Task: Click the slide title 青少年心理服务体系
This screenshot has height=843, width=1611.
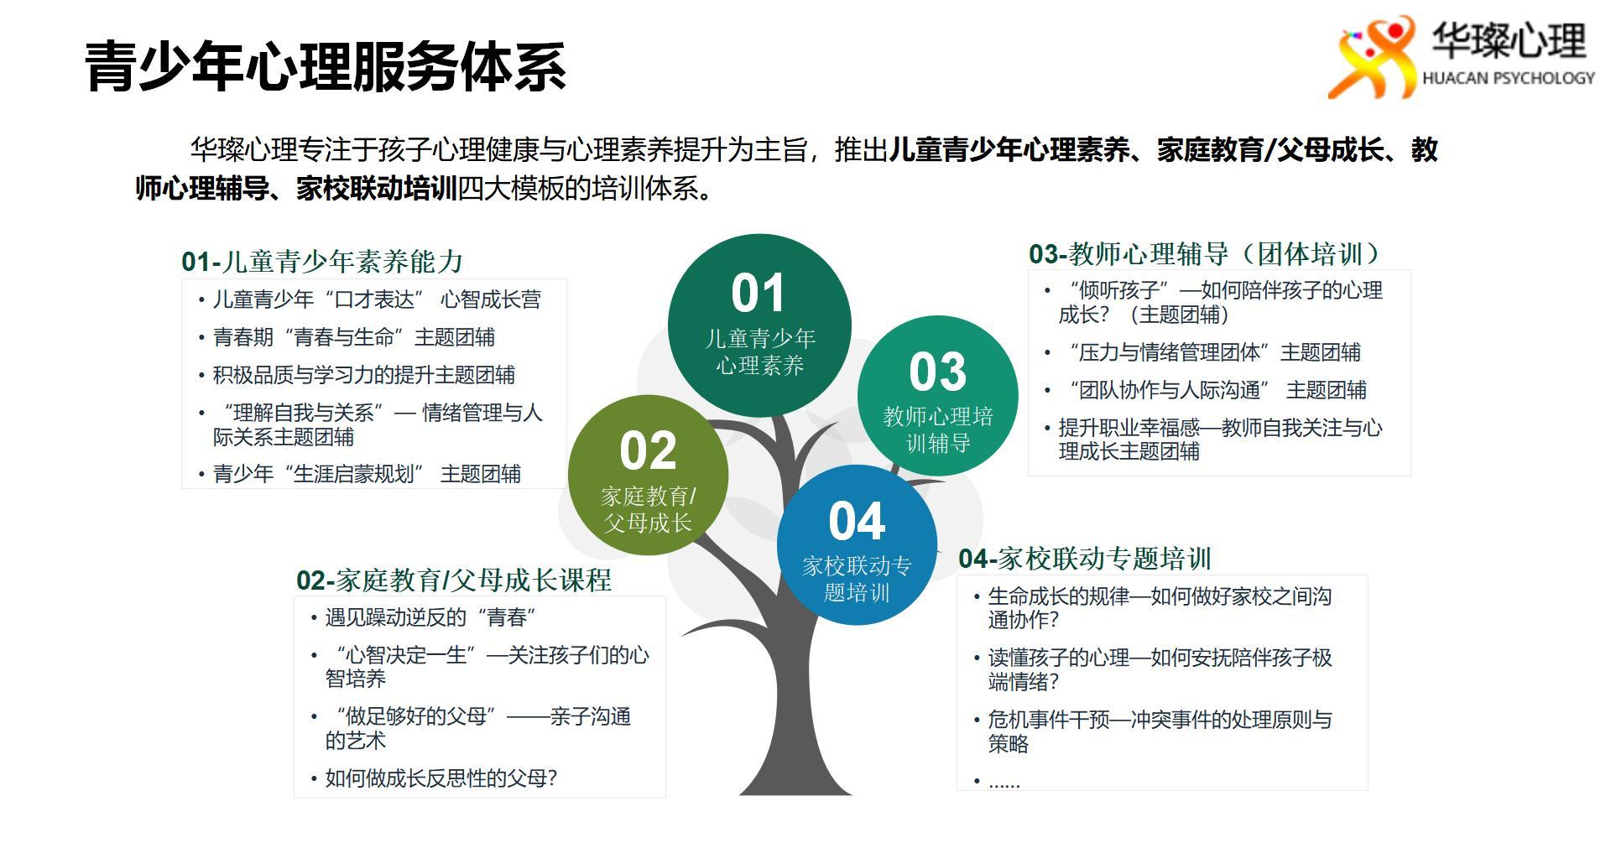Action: pyautogui.click(x=326, y=65)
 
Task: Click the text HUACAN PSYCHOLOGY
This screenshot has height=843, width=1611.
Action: pyautogui.click(x=1508, y=78)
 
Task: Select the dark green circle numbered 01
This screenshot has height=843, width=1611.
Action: pyautogui.click(x=759, y=325)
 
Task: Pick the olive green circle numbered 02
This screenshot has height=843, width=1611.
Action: pyautogui.click(x=648, y=475)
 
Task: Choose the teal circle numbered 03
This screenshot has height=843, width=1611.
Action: pyautogui.click(x=937, y=396)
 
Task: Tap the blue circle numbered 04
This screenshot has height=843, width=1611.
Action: pyautogui.click(x=857, y=545)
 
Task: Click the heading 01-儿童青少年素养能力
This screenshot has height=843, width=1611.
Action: pyautogui.click(x=322, y=262)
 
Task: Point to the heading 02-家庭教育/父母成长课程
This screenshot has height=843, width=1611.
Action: pyautogui.click(x=454, y=580)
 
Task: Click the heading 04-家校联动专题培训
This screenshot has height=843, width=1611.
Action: pyautogui.click(x=1085, y=559)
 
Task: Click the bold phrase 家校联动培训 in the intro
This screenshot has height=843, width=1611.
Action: pyautogui.click(x=377, y=189)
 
